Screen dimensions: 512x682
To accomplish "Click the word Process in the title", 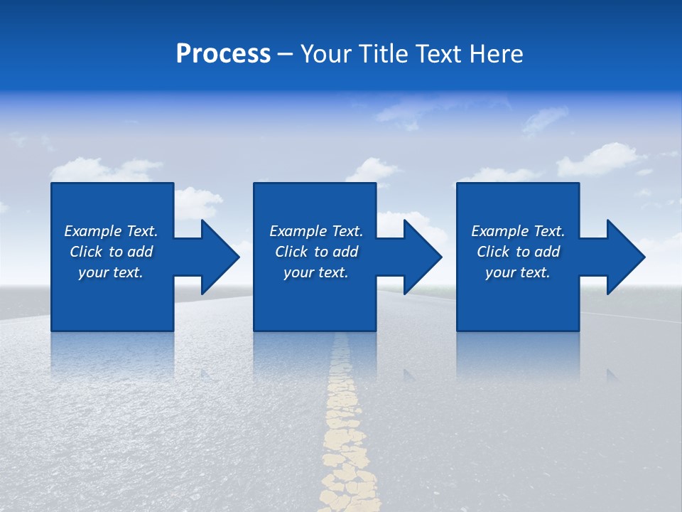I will [x=223, y=54].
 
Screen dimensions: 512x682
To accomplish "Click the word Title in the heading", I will [x=381, y=54].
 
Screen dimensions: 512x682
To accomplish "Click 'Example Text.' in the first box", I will [x=111, y=231].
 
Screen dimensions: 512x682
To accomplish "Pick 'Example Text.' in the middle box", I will [x=316, y=231].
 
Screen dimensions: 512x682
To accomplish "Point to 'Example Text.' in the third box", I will [x=518, y=231].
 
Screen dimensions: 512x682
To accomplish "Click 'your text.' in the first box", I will [x=111, y=272].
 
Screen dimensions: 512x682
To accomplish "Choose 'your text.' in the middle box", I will [x=316, y=272].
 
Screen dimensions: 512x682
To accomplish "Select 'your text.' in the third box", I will [x=518, y=272].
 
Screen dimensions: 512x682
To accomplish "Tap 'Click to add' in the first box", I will [x=112, y=252].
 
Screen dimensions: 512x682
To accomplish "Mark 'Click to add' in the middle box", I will [x=317, y=252].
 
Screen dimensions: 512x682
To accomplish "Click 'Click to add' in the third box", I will [x=519, y=252].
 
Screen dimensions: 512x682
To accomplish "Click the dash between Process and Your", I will [x=285, y=55].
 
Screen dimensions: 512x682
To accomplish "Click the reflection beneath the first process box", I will [x=112, y=352].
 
